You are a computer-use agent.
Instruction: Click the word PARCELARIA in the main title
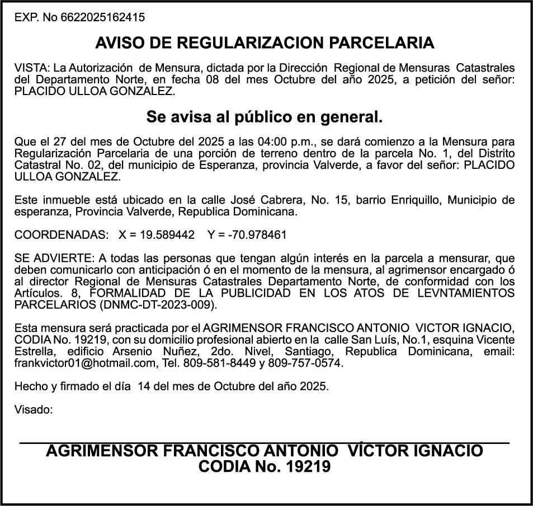point(382,43)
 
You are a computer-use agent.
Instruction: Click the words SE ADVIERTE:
point(54,258)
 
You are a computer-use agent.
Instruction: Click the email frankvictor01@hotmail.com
point(84,363)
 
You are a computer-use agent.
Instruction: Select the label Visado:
point(34,410)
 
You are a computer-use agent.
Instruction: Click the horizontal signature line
point(265,443)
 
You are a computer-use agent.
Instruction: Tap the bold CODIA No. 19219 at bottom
point(265,466)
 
